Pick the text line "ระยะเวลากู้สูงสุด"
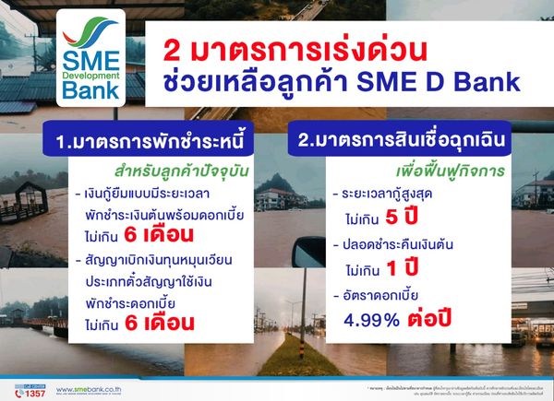pos(389,196)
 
